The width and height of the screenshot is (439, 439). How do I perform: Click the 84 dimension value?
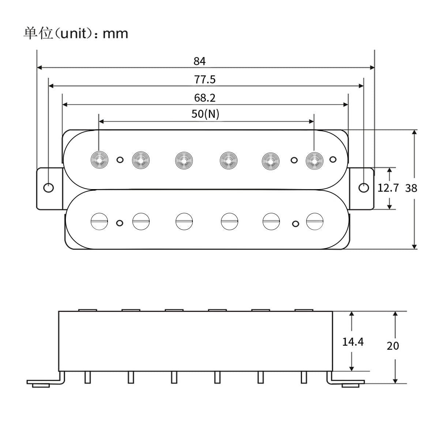[200, 61]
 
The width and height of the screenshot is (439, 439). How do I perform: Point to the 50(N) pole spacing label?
[205, 114]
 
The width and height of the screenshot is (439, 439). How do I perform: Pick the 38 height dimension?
[411, 188]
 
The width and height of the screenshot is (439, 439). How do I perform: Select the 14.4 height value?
[353, 342]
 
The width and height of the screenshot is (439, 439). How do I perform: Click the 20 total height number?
[393, 346]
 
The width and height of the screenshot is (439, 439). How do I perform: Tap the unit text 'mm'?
[115, 34]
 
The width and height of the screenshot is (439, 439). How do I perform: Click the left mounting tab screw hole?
[48, 188]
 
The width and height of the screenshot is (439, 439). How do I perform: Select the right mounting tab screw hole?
[363, 188]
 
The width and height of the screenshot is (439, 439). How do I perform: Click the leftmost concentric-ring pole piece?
[99, 160]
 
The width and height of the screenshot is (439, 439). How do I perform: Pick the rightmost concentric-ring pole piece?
[314, 160]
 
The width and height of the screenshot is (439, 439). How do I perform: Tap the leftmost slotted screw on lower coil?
[99, 221]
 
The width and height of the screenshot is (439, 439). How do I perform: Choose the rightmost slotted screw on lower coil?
[314, 221]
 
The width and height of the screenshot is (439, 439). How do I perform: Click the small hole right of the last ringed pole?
[333, 159]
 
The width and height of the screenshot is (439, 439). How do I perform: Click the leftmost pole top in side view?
[88, 310]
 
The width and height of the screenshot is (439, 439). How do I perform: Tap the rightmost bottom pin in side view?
[304, 377]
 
